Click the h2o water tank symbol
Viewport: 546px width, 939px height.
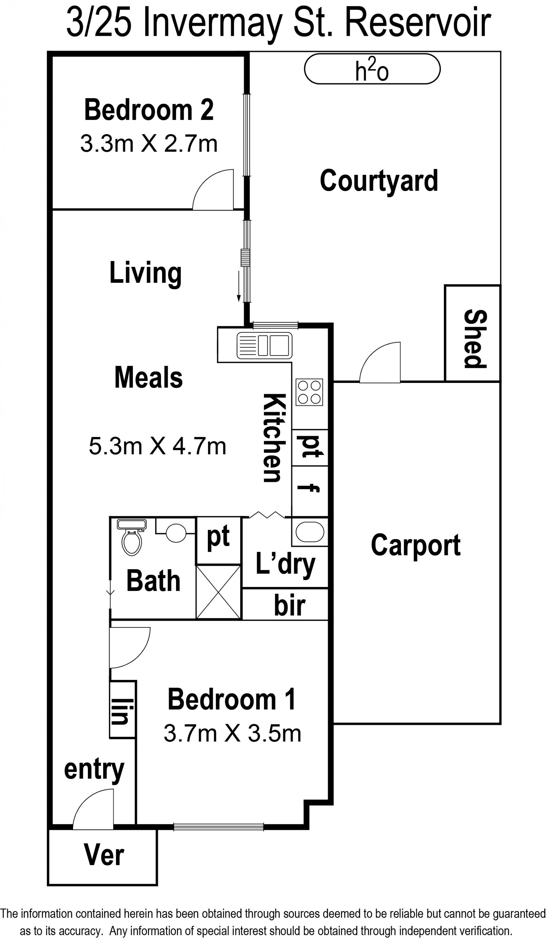click(372, 69)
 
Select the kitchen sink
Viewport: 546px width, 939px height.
click(264, 345)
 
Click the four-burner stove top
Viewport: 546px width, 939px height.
click(309, 392)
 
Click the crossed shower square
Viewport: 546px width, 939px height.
click(218, 592)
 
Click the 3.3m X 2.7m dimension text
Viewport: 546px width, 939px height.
click(149, 144)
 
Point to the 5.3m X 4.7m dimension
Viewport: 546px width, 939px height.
click(157, 446)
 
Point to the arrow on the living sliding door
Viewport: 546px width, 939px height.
click(239, 287)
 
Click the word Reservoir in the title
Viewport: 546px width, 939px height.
click(418, 23)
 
